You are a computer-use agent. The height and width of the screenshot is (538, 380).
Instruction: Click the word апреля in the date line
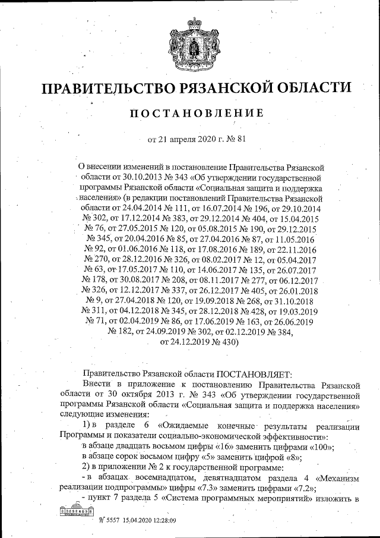(179, 141)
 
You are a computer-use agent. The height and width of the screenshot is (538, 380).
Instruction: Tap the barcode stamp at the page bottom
(74, 511)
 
